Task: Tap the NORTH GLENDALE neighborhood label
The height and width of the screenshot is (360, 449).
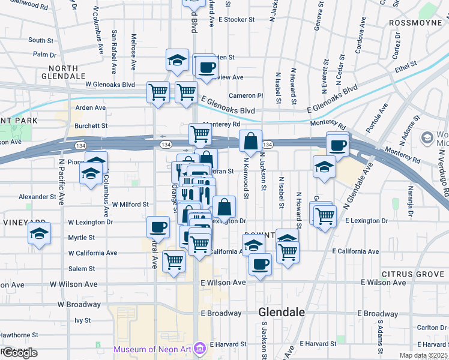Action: point(63,72)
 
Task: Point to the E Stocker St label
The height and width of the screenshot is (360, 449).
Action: point(237,19)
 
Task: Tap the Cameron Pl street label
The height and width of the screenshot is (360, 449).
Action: point(246,95)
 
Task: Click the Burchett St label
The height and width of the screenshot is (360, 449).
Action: point(91,126)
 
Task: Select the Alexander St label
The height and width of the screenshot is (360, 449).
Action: point(37,196)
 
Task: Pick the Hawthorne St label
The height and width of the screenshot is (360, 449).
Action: point(19,335)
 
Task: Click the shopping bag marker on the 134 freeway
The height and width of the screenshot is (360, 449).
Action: point(250,142)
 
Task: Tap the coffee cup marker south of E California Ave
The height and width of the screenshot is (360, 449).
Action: point(260,264)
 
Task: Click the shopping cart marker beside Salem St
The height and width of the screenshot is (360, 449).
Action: point(173,262)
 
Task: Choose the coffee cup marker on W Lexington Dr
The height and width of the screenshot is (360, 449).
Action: point(158,227)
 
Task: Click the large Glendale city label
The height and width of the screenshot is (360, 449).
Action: point(282,312)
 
